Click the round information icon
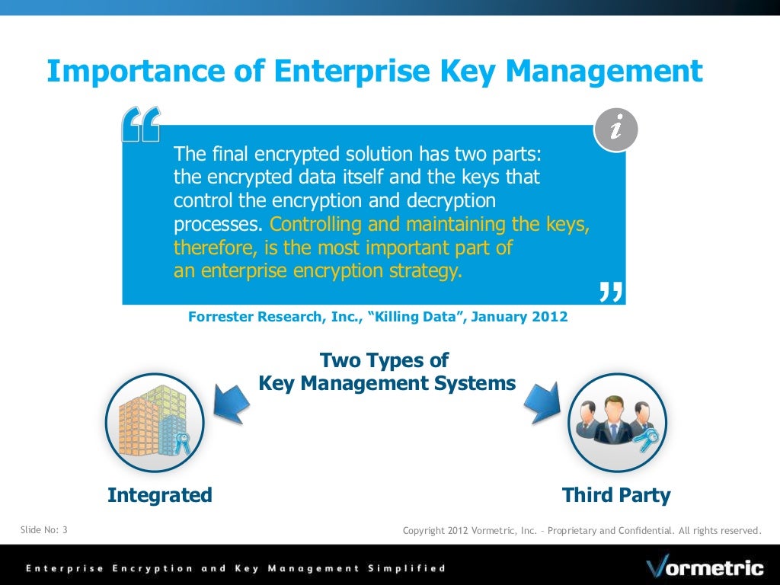pyautogui.click(x=615, y=129)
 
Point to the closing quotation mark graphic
pyautogui.click(x=610, y=292)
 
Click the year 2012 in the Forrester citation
pyautogui.click(x=550, y=317)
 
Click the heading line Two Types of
pyautogui.click(x=384, y=360)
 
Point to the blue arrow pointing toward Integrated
pyautogui.click(x=232, y=401)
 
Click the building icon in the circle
pyautogui.click(x=155, y=422)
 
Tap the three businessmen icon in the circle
pyautogui.click(x=617, y=422)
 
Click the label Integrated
pyautogui.click(x=160, y=495)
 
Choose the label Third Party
pyautogui.click(x=616, y=495)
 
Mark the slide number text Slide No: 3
pyautogui.click(x=43, y=529)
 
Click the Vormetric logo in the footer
pyautogui.click(x=705, y=567)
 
